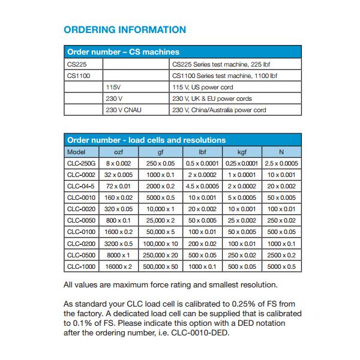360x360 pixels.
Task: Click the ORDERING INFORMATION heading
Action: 125,30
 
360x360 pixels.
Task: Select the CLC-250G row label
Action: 81,163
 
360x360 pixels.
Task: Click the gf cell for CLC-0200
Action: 160,244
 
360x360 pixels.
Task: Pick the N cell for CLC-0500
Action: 281,255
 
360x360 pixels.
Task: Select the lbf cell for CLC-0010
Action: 202,197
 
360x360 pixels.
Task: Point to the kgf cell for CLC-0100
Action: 241,232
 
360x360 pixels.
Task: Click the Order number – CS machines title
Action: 123,52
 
